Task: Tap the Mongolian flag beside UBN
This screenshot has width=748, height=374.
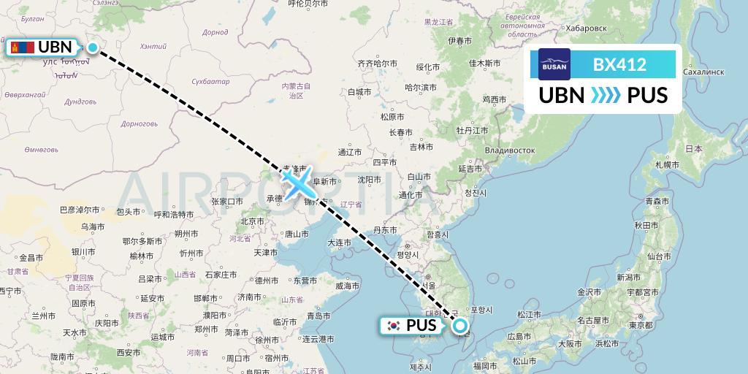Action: (x=22, y=47)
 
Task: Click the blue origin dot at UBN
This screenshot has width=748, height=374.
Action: (x=93, y=48)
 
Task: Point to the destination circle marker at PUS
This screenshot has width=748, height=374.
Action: (x=460, y=326)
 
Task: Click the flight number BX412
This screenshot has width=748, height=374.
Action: (x=620, y=64)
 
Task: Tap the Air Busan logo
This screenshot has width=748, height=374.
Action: (x=554, y=64)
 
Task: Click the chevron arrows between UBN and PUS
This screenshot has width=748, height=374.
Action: (x=605, y=96)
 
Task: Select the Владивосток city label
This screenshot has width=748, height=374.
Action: (x=505, y=150)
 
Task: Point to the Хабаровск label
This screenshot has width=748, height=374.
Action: (x=586, y=28)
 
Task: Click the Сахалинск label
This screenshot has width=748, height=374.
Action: (x=702, y=72)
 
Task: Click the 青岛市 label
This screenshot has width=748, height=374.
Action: (x=319, y=316)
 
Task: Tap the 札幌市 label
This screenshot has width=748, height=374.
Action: (x=667, y=164)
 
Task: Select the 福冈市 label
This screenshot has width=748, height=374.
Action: (x=485, y=365)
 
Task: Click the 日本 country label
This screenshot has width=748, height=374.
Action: (x=693, y=148)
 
